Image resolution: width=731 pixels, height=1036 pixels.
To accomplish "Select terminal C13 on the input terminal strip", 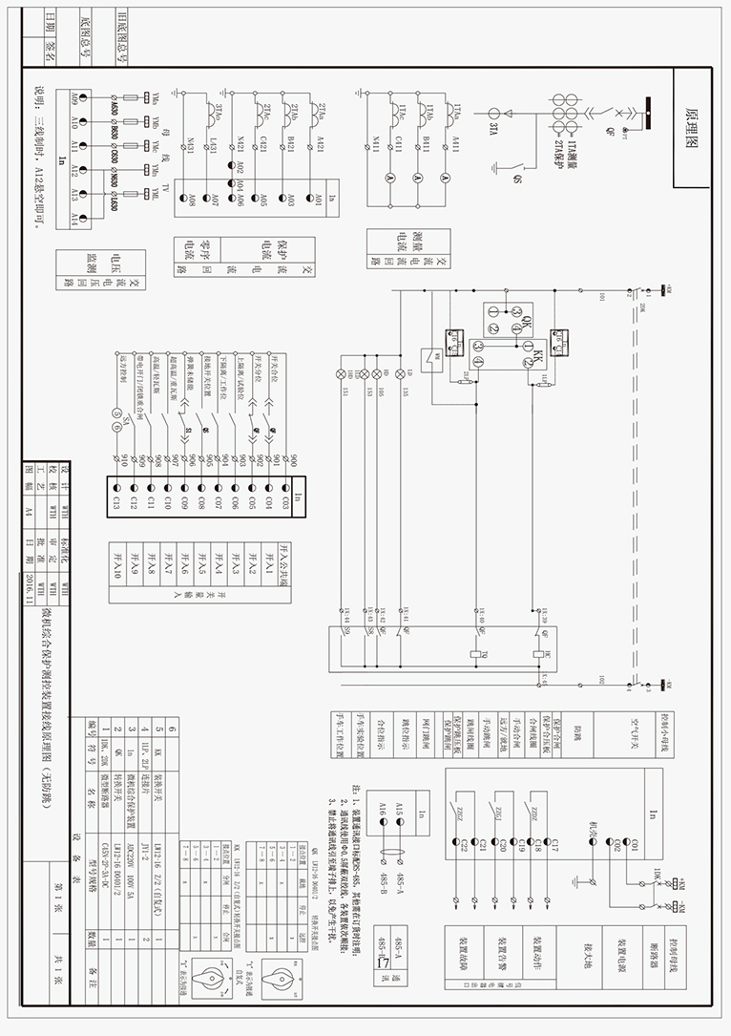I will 115,502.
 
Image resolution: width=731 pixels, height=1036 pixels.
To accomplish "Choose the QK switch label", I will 524,325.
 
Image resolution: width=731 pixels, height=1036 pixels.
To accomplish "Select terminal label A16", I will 383,810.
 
